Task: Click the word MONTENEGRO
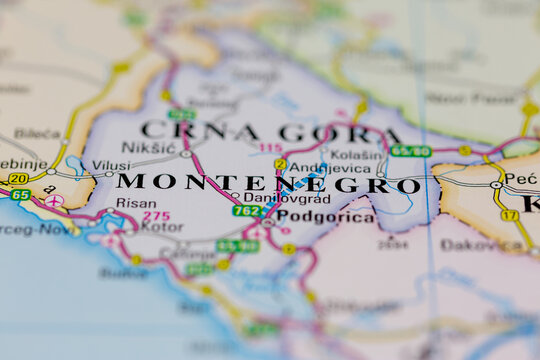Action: point(268,184)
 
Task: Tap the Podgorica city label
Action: point(325,216)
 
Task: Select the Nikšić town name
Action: point(147,148)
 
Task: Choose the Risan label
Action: point(136,203)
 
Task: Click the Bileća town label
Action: point(37,133)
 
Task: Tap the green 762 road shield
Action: point(247,211)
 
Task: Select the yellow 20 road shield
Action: point(18,178)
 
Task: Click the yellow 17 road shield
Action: point(510,215)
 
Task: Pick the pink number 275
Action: point(156,215)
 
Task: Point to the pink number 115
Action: point(270,148)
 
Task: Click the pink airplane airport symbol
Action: point(54,201)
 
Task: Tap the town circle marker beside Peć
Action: point(496,185)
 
